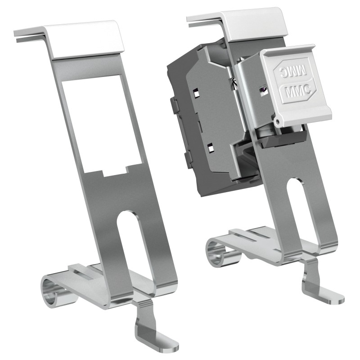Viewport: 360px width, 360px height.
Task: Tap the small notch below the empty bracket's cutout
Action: [x=115, y=172]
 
